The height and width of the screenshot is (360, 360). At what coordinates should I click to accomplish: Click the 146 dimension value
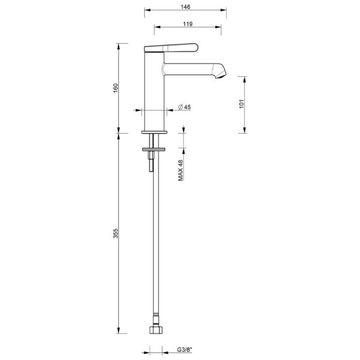pyautogui.click(x=186, y=7)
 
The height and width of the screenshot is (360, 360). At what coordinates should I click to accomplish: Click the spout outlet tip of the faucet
pyautogui.click(x=223, y=74)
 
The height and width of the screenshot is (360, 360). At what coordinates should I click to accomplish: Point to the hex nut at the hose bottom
pyautogui.click(x=157, y=329)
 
